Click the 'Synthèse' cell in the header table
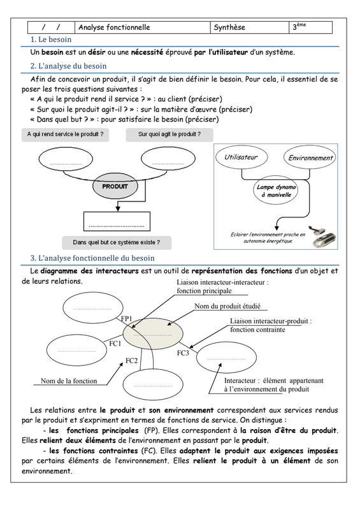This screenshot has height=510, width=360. tap(249, 27)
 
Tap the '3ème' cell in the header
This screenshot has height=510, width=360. tap(310, 27)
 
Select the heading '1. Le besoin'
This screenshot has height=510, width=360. tap(51, 40)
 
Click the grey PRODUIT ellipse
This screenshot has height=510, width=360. tap(115, 186)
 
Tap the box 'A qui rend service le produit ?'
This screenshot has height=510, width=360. tap(66, 135)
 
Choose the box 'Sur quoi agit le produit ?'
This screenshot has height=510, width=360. tap(169, 135)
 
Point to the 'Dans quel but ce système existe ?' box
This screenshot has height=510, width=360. tap(117, 243)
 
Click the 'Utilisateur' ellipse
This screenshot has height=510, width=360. tap(241, 157)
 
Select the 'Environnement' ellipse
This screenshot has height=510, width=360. tap(310, 157)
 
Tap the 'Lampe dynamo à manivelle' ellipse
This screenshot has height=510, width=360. tap(276, 191)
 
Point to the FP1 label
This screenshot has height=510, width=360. tap(127, 319)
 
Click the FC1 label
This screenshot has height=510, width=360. tap(115, 344)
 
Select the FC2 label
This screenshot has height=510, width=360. tap(132, 361)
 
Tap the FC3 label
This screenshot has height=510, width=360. tap(183, 353)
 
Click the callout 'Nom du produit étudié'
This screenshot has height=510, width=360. tap(227, 306)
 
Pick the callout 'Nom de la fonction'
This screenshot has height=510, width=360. tap(69, 381)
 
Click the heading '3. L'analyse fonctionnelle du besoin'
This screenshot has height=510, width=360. tap(92, 258)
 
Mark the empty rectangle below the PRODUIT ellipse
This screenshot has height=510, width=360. tap(117, 221)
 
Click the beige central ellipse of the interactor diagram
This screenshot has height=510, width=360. tap(153, 333)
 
